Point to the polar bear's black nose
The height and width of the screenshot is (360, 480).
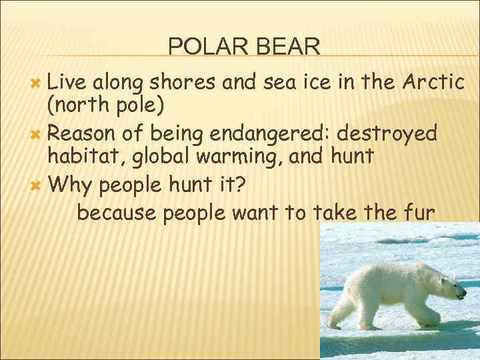[x=463, y=293]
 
